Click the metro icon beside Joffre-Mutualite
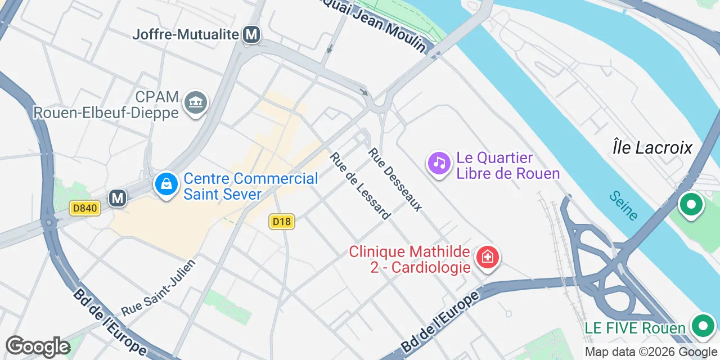coord(251,35)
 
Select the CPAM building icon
coord(196,103)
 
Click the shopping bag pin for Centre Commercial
coord(166,184)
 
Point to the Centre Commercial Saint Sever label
coord(251,186)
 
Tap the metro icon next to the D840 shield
coord(118,198)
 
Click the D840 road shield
coord(85,208)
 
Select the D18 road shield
coord(281,222)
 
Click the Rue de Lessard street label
coord(360,186)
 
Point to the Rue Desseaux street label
coord(395,179)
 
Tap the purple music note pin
coord(439,163)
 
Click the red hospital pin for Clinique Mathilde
coord(487,258)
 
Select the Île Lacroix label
coord(652,147)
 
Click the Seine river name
coord(624,205)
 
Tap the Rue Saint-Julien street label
coord(158,288)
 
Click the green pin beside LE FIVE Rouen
coord(702,325)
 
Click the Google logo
coord(38,347)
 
